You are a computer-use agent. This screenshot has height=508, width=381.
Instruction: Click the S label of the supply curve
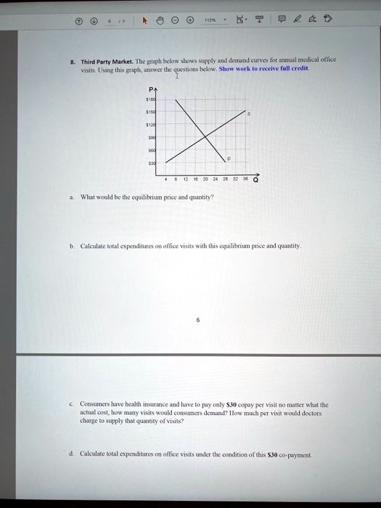coord(250,113)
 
